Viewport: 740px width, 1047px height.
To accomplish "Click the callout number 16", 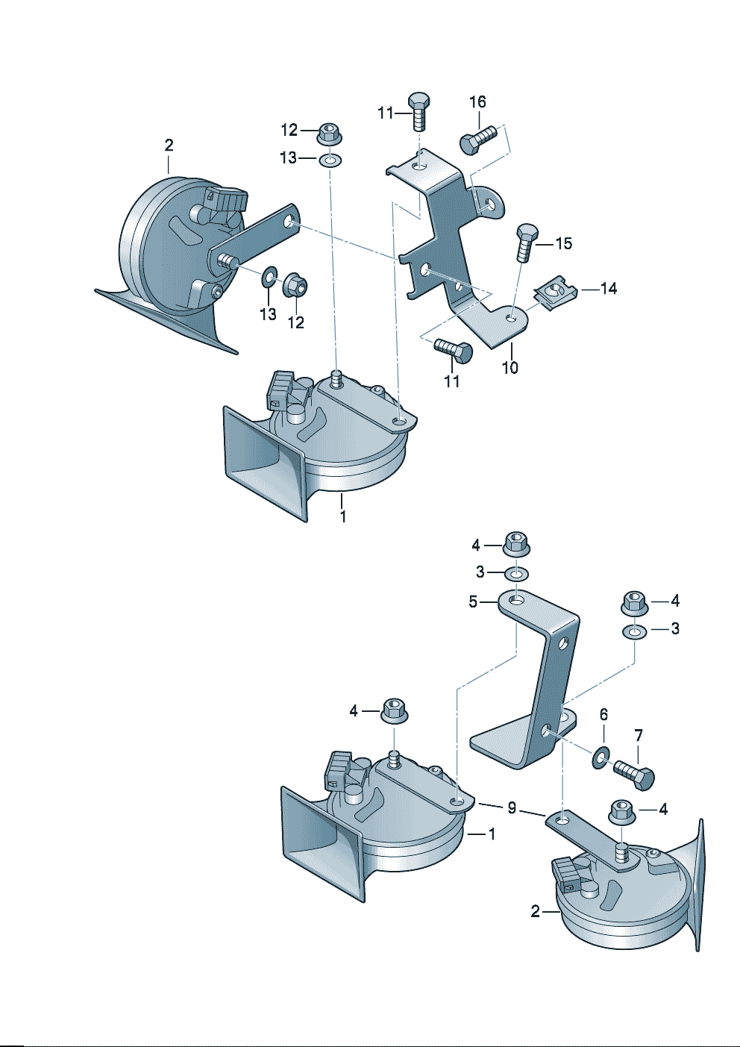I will [x=477, y=102].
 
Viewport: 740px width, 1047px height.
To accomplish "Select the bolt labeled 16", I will [x=477, y=140].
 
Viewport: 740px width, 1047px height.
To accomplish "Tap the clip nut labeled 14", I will [x=553, y=293].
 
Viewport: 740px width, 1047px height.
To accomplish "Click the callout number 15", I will [x=563, y=243].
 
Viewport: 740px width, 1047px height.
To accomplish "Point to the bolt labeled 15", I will [x=526, y=240].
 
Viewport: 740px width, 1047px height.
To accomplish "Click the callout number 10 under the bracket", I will [x=509, y=367].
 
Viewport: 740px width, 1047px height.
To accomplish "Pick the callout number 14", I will [x=608, y=288].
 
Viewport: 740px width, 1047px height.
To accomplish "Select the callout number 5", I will [x=473, y=601].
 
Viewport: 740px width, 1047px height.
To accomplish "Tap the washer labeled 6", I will [x=601, y=757].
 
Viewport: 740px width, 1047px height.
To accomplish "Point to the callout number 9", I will [x=512, y=808].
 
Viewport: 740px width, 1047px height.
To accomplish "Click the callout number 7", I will [x=639, y=737].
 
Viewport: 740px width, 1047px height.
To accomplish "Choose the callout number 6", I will [x=603, y=715].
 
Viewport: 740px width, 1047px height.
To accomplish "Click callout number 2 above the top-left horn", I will [x=169, y=145].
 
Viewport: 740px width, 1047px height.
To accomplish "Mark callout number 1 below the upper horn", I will [x=342, y=516].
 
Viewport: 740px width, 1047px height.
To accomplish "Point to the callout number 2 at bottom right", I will [x=536, y=911].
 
